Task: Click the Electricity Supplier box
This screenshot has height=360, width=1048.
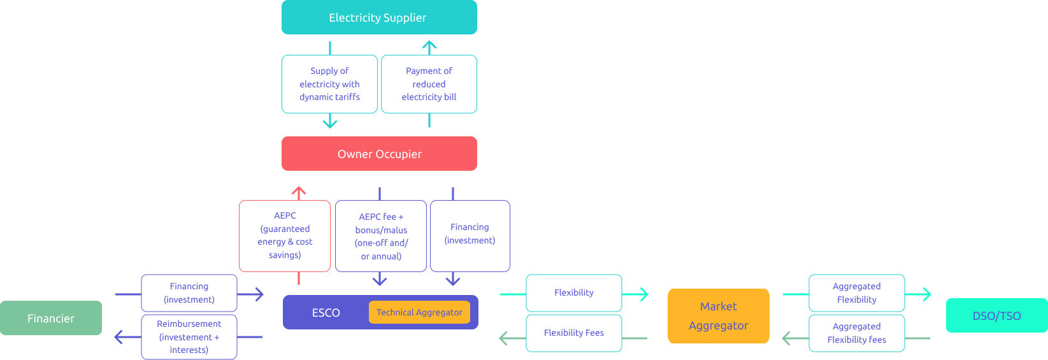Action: (x=379, y=17)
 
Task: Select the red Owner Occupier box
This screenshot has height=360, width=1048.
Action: (x=379, y=154)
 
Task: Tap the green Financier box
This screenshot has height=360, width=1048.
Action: (x=51, y=318)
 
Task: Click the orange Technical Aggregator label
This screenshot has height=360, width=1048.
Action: (x=419, y=312)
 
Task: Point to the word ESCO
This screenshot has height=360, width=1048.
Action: (x=326, y=313)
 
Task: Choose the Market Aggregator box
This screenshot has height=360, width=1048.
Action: (x=718, y=316)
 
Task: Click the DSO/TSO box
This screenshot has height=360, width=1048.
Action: (x=996, y=315)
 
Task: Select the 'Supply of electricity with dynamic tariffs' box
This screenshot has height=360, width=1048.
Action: (x=329, y=84)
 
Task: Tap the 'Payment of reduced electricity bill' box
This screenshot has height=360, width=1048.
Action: (x=429, y=84)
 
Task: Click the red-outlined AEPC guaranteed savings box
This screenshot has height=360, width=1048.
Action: (x=285, y=236)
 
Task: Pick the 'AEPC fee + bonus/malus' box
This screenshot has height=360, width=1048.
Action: (x=381, y=236)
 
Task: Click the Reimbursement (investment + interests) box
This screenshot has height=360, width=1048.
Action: (x=189, y=337)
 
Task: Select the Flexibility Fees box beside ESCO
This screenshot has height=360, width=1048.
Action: (x=573, y=333)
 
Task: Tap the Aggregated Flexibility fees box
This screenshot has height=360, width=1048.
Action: (x=856, y=333)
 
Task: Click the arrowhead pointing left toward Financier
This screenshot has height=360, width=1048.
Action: (x=118, y=337)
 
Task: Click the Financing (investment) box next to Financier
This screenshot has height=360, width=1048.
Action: (x=189, y=293)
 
